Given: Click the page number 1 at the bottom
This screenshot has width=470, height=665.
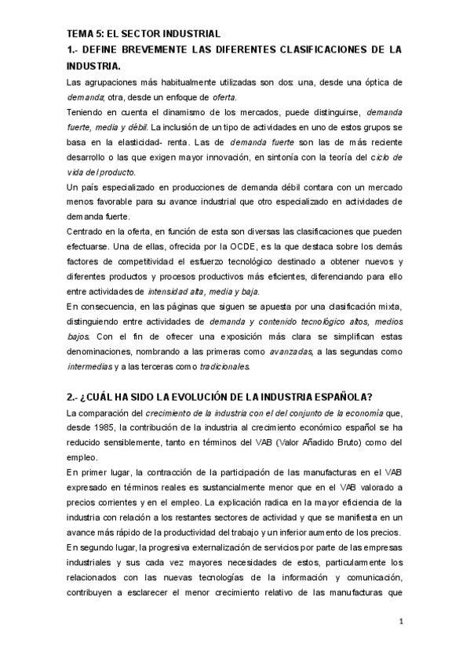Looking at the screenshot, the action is (401, 623).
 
